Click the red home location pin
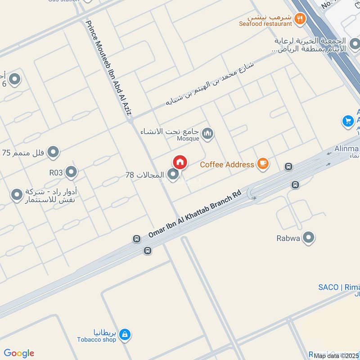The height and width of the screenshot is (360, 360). [x=180, y=162]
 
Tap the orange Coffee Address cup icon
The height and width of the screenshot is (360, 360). [x=263, y=164]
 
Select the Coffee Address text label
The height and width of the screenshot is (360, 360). [x=227, y=165]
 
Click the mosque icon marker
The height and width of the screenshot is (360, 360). [x=207, y=133]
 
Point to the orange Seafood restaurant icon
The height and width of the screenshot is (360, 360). [x=300, y=18]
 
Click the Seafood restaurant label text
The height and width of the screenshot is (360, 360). [x=265, y=23]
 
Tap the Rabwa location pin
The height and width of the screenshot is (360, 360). [x=309, y=238]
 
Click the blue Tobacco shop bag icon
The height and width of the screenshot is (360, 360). [x=126, y=334]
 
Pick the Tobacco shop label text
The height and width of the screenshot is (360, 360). [x=96, y=340]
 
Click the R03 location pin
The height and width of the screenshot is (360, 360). [x=71, y=172]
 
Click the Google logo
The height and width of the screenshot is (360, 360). [x=19, y=353]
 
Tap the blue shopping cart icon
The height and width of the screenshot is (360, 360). [x=347, y=121]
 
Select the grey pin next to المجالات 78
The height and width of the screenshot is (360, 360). [x=173, y=175]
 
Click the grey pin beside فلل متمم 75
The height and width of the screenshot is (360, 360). [x=54, y=152]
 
